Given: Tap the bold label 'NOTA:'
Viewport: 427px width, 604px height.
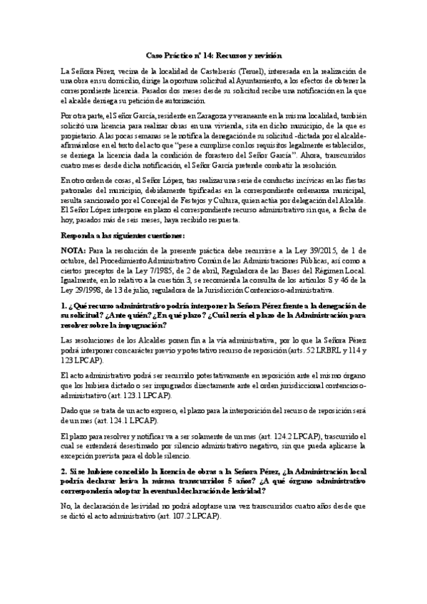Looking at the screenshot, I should pyautogui.click(x=73, y=251).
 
